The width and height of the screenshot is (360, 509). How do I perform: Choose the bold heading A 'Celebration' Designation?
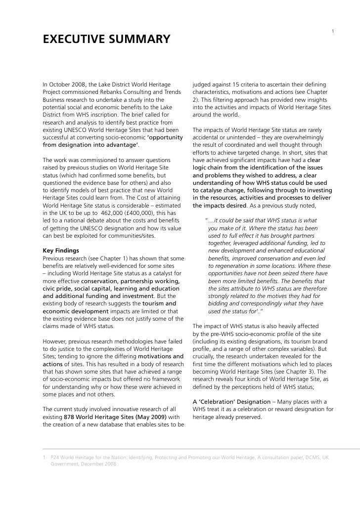click(231, 401)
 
